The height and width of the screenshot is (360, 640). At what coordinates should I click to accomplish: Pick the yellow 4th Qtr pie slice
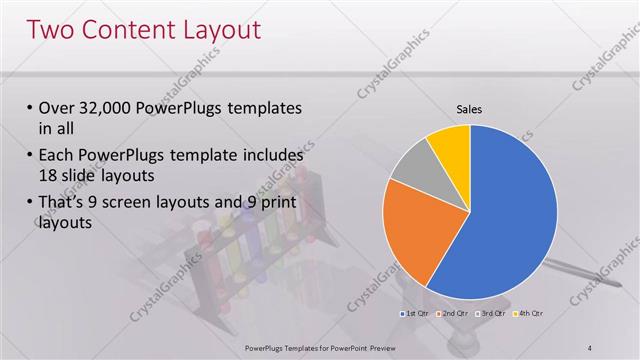coord(450,145)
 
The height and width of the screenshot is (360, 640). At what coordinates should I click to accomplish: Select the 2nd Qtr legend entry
coord(454,314)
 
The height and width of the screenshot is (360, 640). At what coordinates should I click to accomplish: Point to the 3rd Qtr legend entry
coord(492,314)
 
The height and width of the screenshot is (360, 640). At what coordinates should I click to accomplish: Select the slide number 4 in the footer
coord(589,347)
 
